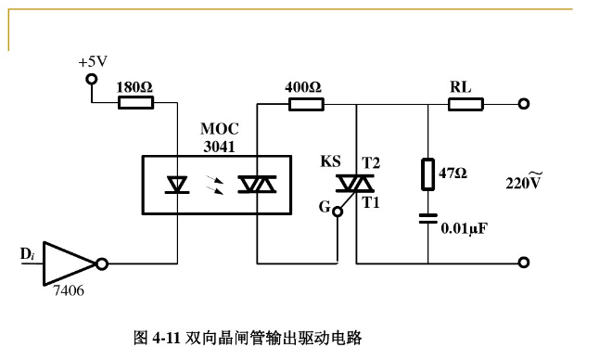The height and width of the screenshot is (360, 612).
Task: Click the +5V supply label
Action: click(x=92, y=61)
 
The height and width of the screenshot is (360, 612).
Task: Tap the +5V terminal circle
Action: click(x=91, y=79)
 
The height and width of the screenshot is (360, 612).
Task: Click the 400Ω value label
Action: click(x=303, y=87)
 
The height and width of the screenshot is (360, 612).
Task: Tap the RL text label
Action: click(x=461, y=87)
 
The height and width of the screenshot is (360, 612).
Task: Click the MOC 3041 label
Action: click(x=220, y=137)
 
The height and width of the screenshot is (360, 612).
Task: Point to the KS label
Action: click(x=330, y=161)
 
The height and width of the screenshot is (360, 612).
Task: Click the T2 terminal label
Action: click(x=371, y=163)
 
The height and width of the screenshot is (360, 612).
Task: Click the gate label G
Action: click(x=324, y=208)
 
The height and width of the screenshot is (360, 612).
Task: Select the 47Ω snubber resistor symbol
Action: click(x=428, y=174)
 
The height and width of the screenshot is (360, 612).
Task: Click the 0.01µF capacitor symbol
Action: click(x=428, y=219)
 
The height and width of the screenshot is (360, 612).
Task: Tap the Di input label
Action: click(x=28, y=253)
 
